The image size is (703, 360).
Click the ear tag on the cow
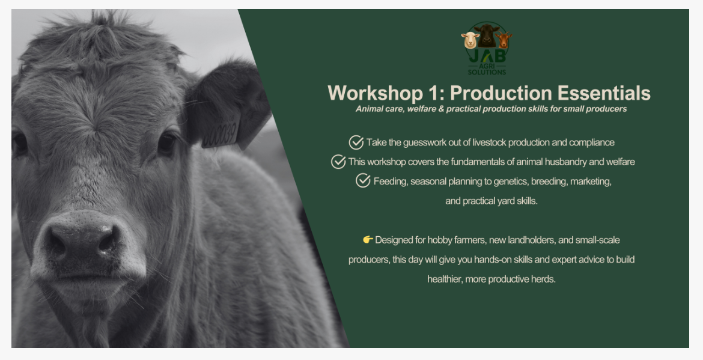(221, 131)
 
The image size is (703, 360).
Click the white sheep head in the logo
(470, 40)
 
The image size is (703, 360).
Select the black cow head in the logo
(487, 35)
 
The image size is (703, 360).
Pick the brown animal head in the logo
(504, 40)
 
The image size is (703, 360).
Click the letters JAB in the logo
(487, 55)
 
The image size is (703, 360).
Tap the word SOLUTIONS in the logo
(487, 72)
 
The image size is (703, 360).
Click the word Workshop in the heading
(376, 93)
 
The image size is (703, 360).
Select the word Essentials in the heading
(603, 93)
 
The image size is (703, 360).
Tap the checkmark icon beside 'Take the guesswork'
(356, 142)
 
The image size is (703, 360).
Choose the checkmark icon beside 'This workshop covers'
(338, 162)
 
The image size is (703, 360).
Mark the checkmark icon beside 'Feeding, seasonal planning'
(363, 181)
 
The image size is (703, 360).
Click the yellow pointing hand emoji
(368, 240)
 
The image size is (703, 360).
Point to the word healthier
(444, 279)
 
